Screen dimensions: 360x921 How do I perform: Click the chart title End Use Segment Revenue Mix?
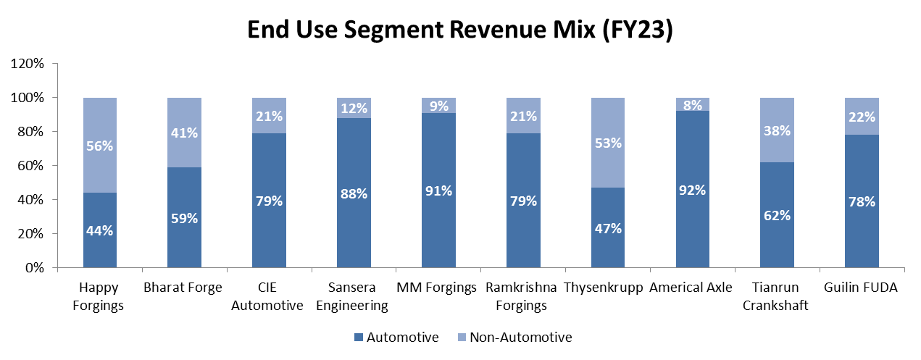coord(460,30)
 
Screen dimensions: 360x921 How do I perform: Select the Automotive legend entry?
coord(403,337)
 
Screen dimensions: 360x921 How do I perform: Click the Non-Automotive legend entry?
coord(520,337)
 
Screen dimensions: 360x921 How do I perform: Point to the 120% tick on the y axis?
coord(29,64)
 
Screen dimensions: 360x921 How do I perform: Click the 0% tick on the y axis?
coord(36,268)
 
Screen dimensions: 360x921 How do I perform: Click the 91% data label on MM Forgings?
coord(439,191)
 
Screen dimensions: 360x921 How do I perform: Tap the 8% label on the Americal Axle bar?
coord(693,104)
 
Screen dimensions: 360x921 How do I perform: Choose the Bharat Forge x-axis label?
coord(185,288)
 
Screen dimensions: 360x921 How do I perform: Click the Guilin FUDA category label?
coord(861,288)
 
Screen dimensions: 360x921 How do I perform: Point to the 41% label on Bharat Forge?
coord(185,133)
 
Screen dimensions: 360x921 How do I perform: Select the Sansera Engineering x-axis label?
coord(354,296)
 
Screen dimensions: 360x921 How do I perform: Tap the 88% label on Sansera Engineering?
coord(354,193)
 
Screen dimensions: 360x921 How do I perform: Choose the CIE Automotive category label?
coord(270,296)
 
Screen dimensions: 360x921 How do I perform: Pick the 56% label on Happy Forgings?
coord(100,146)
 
